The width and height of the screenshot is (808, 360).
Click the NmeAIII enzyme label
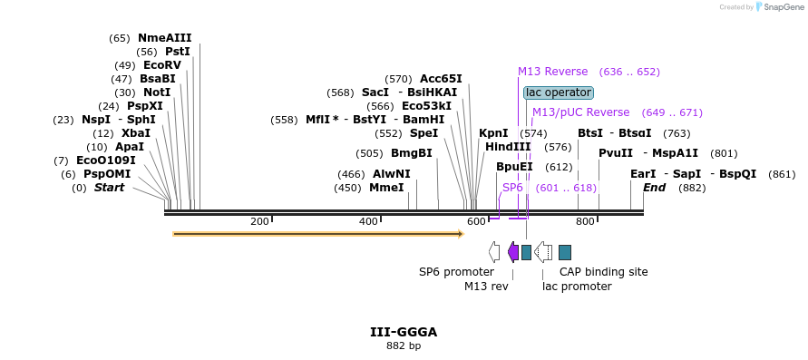coord(164,38)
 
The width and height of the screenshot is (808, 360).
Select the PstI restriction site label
coord(178,52)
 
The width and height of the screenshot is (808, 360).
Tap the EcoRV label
coord(162,65)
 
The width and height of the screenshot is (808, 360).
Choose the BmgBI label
coord(411,153)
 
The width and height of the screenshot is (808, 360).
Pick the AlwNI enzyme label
coord(392,174)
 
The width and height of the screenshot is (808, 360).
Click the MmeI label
coord(386,188)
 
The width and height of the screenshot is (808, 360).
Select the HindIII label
coord(508,147)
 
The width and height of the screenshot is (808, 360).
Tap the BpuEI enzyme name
coord(514,167)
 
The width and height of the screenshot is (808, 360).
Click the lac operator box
coord(559,92)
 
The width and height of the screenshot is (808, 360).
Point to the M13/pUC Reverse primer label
coord(580,112)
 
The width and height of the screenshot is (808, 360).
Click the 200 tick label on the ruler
coord(259,222)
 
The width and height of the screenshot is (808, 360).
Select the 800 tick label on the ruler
coord(585,222)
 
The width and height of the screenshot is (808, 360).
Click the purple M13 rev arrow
coord(513,252)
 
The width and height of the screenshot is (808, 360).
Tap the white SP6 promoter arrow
coord(494,252)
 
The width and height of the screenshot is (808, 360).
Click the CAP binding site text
coord(603,271)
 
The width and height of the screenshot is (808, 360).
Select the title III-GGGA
coord(404,332)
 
